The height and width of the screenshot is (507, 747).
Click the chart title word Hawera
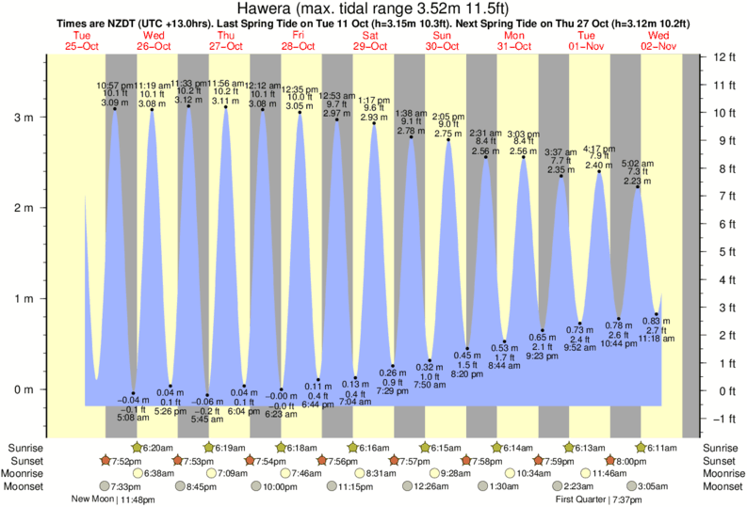(x=264, y=8)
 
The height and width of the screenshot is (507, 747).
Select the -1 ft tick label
(x=721, y=419)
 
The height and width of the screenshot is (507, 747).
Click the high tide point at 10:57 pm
(x=115, y=109)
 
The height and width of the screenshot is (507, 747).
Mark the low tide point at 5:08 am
(x=134, y=393)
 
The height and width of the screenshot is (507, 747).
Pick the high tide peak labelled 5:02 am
(x=638, y=187)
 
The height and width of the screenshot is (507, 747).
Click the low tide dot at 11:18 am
(x=657, y=314)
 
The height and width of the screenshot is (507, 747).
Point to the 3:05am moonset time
(x=659, y=487)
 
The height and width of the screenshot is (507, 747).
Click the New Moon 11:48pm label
(x=111, y=499)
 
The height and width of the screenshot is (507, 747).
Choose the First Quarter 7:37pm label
(x=597, y=499)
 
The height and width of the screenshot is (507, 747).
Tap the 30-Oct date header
(x=442, y=45)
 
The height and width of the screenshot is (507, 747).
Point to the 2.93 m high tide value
(x=373, y=116)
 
